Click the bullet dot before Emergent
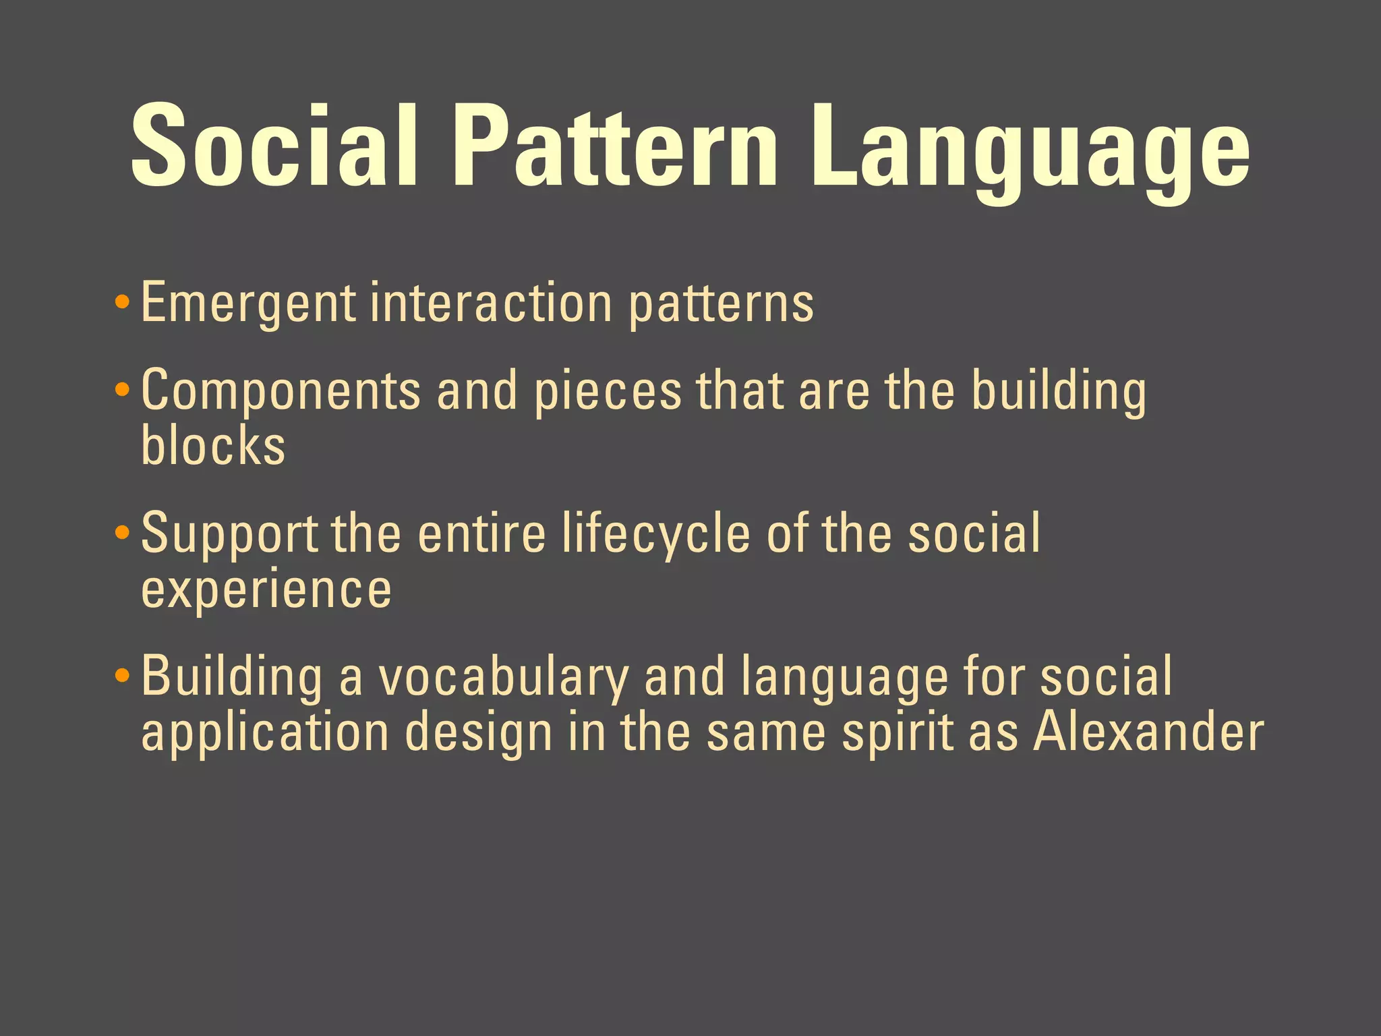tap(122, 301)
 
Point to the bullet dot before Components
tap(122, 389)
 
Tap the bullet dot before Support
tap(122, 533)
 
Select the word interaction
tap(491, 304)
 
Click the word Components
tap(281, 391)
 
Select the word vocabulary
tap(503, 678)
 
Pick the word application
tap(265, 734)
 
